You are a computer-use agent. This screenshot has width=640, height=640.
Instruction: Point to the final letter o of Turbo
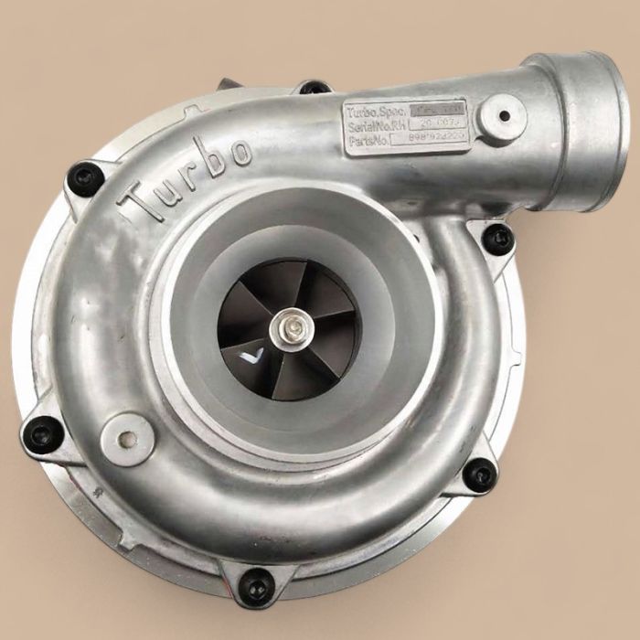point(240,152)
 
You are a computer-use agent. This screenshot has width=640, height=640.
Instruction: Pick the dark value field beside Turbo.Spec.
point(437,108)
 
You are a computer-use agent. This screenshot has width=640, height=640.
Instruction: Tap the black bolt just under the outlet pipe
point(497,238)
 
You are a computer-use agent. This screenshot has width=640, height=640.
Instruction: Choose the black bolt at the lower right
point(478,474)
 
